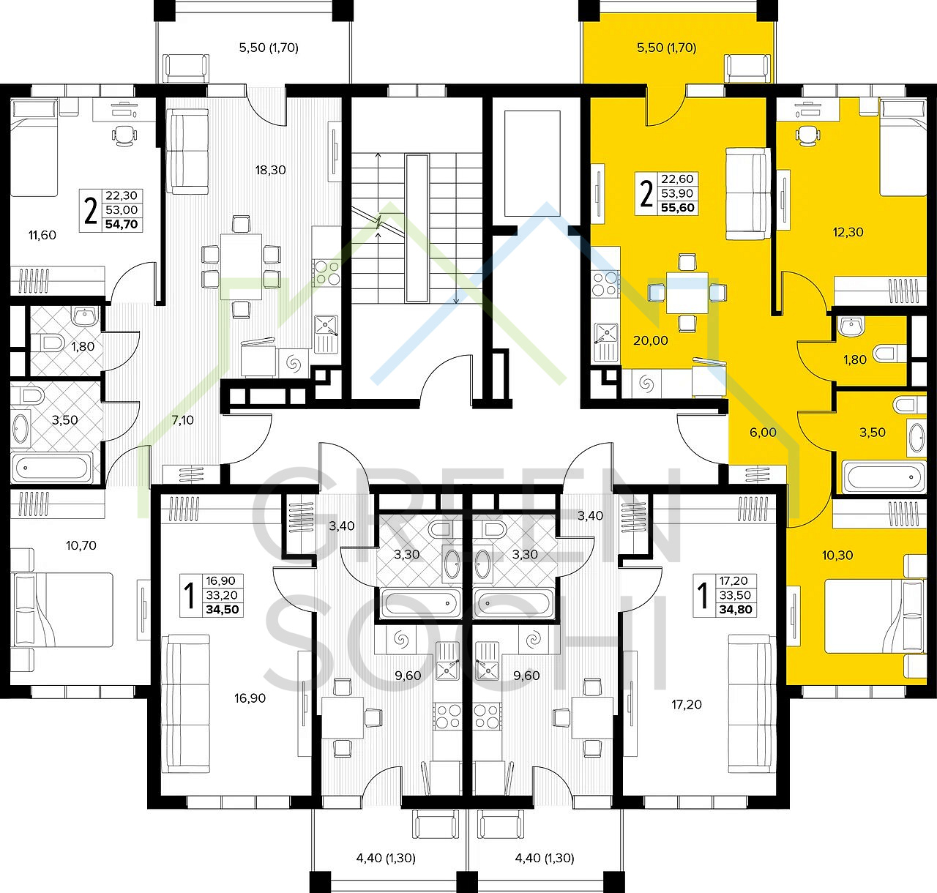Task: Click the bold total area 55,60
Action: [677, 208]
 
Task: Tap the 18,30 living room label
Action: [270, 170]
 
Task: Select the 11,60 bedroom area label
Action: [42, 235]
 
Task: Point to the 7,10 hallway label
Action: [182, 420]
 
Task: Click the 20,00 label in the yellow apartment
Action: [651, 340]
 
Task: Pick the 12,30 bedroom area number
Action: [848, 232]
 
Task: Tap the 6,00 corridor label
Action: [763, 432]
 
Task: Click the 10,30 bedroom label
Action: [837, 555]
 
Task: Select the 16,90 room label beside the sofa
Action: [250, 698]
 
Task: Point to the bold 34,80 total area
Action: [736, 610]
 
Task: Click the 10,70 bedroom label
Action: [81, 545]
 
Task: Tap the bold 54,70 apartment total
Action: [122, 224]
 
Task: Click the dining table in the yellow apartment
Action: [687, 292]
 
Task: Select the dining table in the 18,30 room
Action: [241, 266]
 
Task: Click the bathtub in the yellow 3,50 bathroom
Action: [884, 476]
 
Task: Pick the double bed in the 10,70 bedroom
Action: [62, 610]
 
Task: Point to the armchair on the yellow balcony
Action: [747, 69]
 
